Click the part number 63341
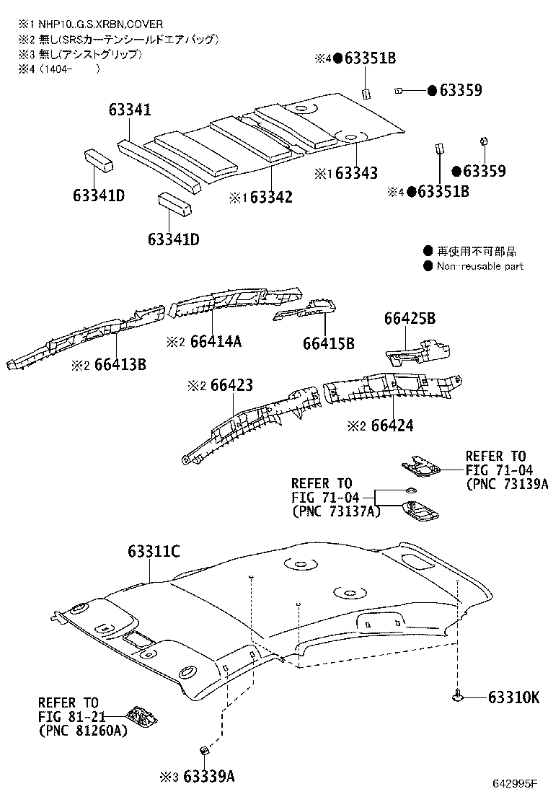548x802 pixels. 130,110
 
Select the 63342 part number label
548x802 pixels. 271,197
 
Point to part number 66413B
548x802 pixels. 120,365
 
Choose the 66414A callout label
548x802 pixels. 216,341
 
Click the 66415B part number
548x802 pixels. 329,343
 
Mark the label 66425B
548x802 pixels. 410,318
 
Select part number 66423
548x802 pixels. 231,386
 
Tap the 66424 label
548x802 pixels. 392,426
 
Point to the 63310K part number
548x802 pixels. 513,697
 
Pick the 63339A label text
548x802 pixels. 208,777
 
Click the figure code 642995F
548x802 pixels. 517,784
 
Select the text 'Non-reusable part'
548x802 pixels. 480,266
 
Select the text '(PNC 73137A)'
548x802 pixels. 335,511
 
